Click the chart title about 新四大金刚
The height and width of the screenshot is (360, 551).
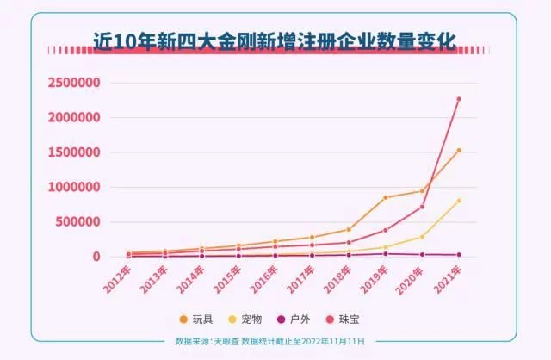(275, 38)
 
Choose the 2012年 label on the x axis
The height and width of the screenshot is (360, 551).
(117, 280)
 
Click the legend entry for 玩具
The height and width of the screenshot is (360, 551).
(195, 320)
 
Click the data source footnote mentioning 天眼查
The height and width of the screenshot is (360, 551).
(269, 341)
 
